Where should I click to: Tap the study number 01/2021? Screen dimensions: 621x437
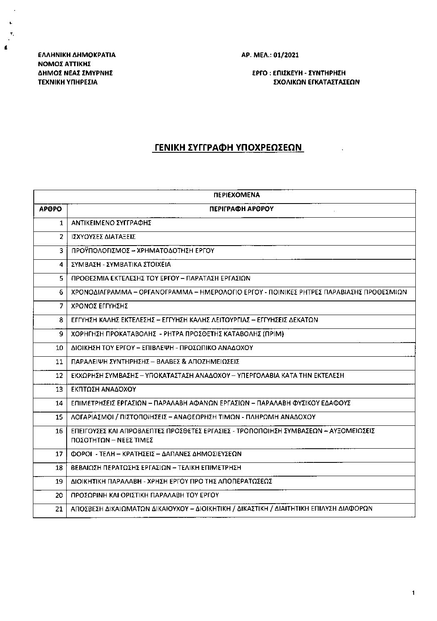(287, 55)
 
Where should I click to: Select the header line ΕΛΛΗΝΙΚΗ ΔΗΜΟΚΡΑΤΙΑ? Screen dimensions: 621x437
(77, 55)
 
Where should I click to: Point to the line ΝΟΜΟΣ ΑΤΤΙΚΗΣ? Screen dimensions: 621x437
(64, 64)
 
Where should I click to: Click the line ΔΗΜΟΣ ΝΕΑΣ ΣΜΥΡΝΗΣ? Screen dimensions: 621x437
(75, 73)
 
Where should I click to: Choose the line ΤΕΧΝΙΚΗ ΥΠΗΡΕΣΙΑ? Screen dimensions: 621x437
(67, 82)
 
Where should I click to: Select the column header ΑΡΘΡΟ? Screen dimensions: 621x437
(50, 209)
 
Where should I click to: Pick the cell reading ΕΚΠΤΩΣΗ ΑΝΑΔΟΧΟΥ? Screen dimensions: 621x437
(104, 390)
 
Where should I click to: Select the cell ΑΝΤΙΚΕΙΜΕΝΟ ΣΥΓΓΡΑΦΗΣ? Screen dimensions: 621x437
(111, 223)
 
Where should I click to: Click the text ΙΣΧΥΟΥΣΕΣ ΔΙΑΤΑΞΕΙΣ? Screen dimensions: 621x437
(104, 237)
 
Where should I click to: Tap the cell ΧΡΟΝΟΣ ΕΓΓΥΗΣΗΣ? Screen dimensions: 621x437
(100, 306)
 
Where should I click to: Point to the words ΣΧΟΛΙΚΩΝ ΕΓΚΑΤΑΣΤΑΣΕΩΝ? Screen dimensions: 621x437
(316, 82)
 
